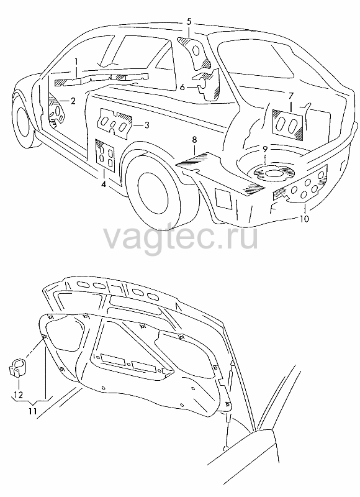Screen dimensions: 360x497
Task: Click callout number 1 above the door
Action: tap(76, 62)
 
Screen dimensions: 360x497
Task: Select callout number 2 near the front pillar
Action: tap(73, 101)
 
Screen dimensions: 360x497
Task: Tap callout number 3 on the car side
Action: tap(146, 125)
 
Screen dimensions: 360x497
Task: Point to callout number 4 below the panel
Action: tap(104, 184)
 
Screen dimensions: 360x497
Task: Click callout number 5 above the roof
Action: tap(189, 22)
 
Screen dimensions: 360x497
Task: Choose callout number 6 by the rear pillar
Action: tap(182, 86)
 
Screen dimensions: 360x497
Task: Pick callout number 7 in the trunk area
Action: tap(291, 96)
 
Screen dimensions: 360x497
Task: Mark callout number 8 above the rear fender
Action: tap(194, 139)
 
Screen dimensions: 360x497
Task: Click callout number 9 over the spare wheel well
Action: tap(265, 149)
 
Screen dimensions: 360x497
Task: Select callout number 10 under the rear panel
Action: tap(304, 219)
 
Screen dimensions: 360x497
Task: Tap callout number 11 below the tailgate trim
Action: tap(33, 411)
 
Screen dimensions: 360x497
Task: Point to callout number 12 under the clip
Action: tap(19, 395)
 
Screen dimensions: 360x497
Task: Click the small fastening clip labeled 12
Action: tap(17, 368)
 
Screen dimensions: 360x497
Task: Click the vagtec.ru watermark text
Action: tap(181, 237)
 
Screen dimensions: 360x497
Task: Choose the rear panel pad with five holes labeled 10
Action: tap(301, 185)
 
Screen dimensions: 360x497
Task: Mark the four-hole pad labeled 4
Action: tap(106, 155)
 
